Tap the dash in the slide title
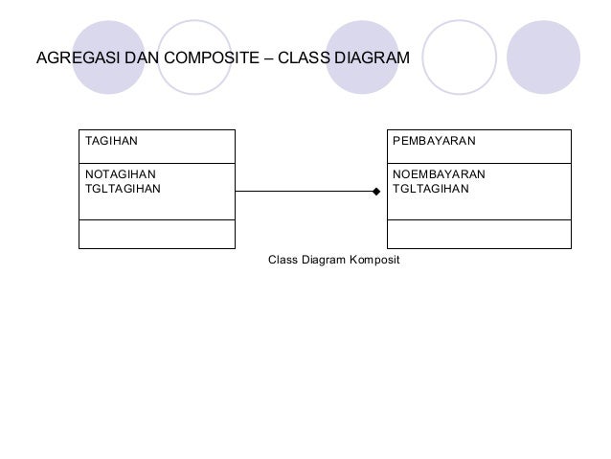268,59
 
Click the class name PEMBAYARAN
434,142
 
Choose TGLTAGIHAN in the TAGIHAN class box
124,188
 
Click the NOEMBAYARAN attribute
439,174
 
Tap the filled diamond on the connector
376,192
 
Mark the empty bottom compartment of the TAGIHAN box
156,234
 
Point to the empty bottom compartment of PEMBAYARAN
478,234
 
